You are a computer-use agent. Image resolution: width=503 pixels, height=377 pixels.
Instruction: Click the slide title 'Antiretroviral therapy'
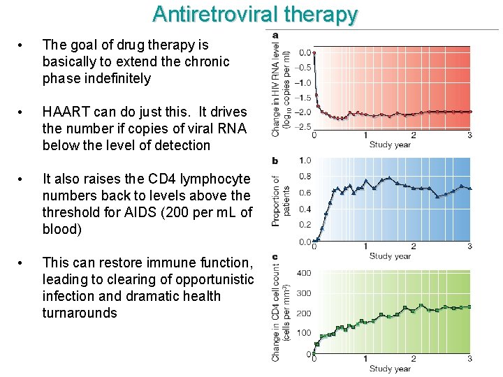click(x=255, y=14)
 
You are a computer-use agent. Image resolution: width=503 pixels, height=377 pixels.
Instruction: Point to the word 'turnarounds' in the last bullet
click(x=80, y=313)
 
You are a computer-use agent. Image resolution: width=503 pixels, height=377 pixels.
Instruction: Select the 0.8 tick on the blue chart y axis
click(x=305, y=177)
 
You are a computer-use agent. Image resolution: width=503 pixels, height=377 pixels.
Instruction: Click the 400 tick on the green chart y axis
click(x=304, y=273)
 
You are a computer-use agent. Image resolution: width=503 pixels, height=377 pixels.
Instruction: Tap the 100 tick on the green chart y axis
click(x=304, y=334)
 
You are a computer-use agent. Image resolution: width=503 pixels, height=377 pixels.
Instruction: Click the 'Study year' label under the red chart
click(x=390, y=145)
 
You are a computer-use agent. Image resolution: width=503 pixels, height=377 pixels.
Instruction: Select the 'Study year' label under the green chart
click(x=390, y=369)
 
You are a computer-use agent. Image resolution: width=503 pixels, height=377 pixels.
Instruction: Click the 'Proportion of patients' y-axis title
click(x=281, y=201)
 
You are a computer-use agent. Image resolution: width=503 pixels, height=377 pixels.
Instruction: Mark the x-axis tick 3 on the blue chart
click(x=469, y=246)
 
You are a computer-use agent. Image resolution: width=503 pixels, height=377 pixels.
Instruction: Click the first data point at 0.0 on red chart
click(x=314, y=52)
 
